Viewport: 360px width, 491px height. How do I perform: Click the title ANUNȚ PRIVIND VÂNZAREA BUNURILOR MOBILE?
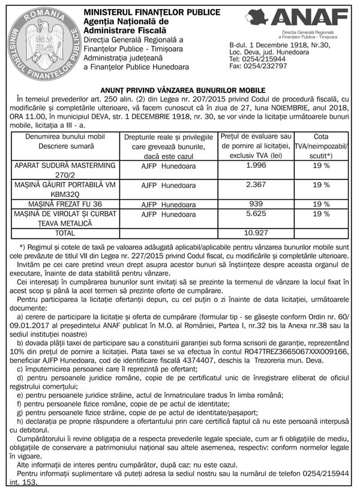click(x=180, y=89)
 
